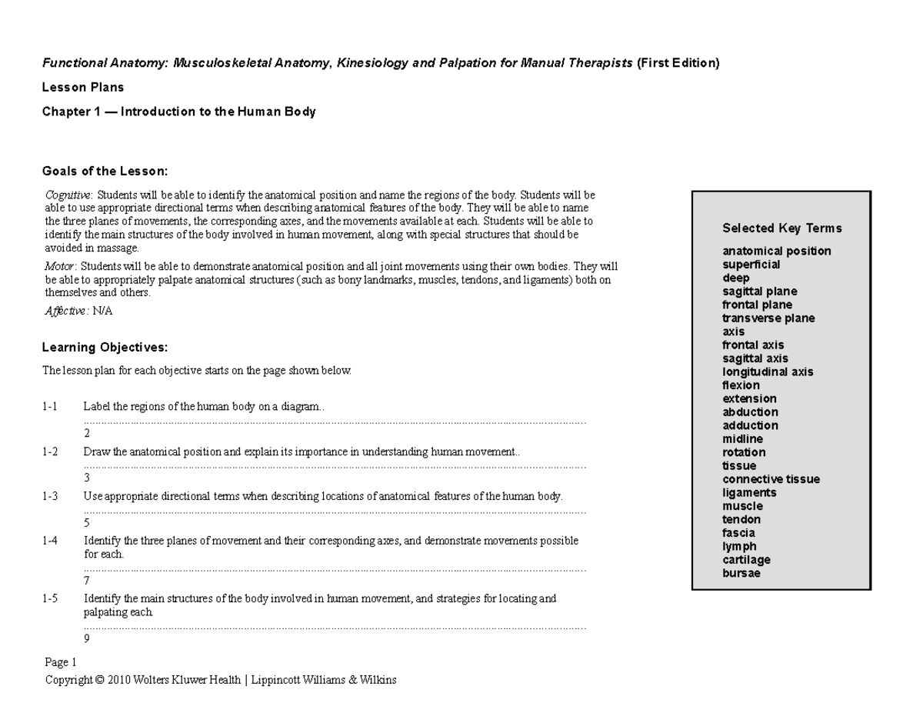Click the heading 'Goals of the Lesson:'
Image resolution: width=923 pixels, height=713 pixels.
click(104, 171)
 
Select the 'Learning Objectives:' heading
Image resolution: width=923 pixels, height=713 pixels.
click(104, 347)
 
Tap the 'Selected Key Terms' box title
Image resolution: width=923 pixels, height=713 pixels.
click(781, 228)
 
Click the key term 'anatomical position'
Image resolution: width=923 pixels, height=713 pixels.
click(776, 251)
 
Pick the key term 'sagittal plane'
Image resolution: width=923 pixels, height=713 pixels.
click(759, 292)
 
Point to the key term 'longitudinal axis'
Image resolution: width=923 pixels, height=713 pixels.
click(767, 371)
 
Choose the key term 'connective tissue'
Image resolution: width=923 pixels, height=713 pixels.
click(771, 479)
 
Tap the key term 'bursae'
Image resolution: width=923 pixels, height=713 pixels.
click(741, 573)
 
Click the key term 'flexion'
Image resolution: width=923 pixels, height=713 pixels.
click(741, 385)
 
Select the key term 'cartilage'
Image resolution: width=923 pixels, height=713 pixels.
click(746, 560)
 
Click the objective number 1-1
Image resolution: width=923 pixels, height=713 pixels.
click(50, 407)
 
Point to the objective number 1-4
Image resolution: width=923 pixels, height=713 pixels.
click(50, 541)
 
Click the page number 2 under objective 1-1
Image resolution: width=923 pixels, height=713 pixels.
click(87, 434)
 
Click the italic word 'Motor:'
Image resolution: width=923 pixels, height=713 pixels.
click(61, 266)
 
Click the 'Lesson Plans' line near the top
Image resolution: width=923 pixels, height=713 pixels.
click(82, 87)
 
